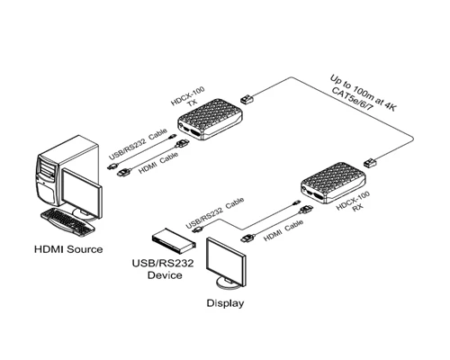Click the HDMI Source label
pos(68,249)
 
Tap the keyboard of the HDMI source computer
pos(67,221)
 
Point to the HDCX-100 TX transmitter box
pos(210,119)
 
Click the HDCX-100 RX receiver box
pos(333,183)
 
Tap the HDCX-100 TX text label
pos(189,97)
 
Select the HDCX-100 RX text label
pos(354,202)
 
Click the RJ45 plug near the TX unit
pos(247,98)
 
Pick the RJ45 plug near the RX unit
pos(370,162)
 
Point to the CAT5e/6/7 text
pos(351,99)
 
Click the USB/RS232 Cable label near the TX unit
pos(138,144)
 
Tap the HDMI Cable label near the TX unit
pos(158,163)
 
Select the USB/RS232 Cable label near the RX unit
pos(215,213)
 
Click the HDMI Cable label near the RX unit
pos(283,230)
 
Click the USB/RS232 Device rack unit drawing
pos(174,240)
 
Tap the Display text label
pos(225,303)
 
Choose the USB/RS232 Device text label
pos(163,269)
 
